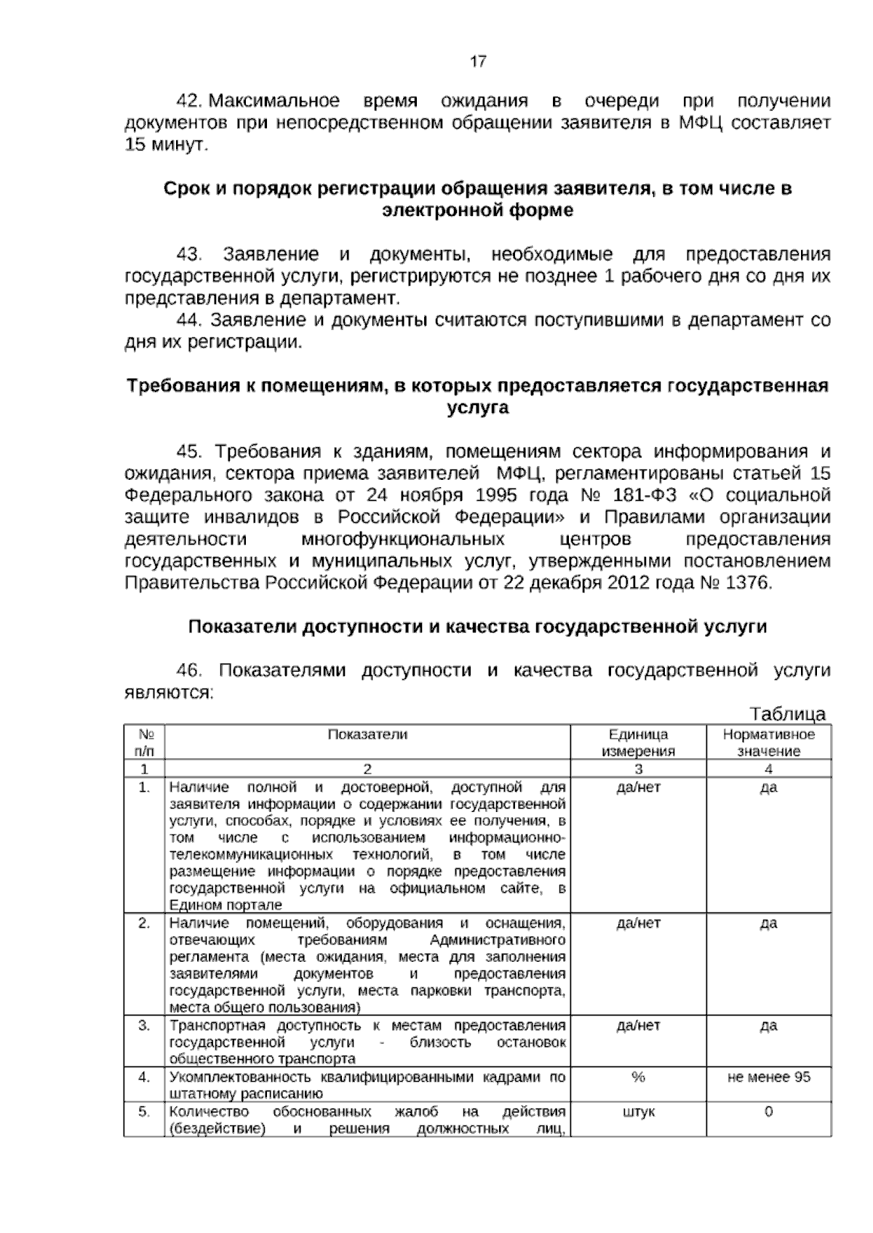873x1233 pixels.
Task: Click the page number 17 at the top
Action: pos(478,62)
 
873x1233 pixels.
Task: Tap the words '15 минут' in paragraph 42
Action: pos(166,144)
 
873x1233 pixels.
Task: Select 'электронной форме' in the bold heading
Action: pos(477,211)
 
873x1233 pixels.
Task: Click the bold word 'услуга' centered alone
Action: pos(477,408)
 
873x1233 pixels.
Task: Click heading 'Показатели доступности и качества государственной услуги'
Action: pos(477,627)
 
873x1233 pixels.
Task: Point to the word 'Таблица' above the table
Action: pos(787,713)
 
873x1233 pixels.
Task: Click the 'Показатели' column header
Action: pos(367,734)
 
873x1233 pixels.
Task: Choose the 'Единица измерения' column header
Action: pos(638,742)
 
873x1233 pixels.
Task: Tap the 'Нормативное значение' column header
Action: pos(768,742)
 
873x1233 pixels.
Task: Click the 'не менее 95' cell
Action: pos(768,1077)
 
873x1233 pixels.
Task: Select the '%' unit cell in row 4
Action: pos(638,1077)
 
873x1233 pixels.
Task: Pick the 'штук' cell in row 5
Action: pos(638,1112)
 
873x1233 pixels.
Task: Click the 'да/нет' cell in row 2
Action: pos(638,923)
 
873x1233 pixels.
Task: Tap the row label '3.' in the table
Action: pos(144,1026)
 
